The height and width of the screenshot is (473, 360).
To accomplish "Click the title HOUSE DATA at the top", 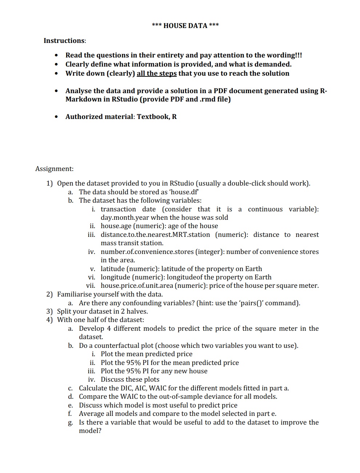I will pos(185,25).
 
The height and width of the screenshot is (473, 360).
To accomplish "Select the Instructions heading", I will pos(64,41).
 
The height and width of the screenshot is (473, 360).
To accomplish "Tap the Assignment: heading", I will pos(54,169).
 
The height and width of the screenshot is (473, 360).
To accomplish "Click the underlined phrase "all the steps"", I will pos(157,73).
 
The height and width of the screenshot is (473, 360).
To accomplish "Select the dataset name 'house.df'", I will pos(184,192).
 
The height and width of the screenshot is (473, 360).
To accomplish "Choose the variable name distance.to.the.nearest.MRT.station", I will pos(155,235).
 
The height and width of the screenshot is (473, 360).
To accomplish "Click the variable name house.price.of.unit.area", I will pos(137,286).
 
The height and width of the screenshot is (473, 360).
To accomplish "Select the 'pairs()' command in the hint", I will pos(255,303).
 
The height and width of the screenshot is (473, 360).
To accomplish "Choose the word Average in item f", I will pos(92,414).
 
